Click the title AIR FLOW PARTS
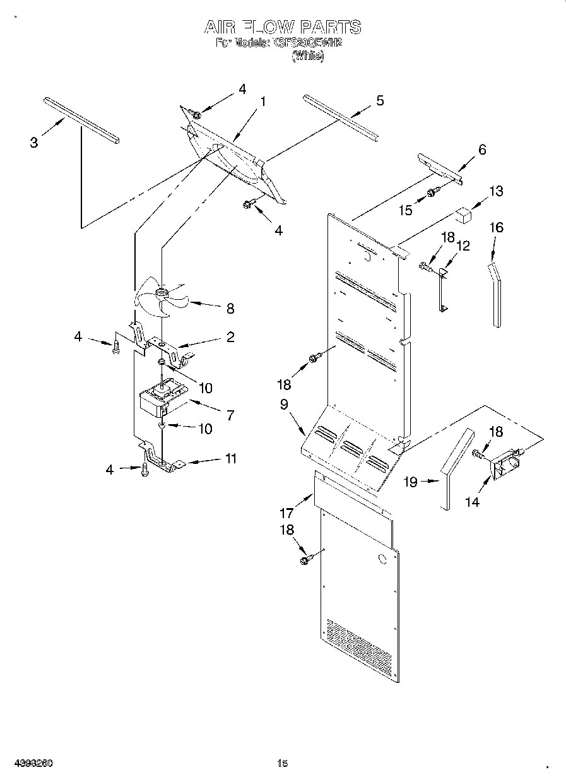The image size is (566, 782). pyautogui.click(x=282, y=27)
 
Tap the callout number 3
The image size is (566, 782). pyautogui.click(x=34, y=143)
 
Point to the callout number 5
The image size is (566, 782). pyautogui.click(x=379, y=100)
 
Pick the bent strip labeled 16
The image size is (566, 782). pyautogui.click(x=496, y=293)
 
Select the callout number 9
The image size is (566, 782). pyautogui.click(x=285, y=404)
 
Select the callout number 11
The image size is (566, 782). pyautogui.click(x=231, y=459)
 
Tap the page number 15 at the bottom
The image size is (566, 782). pyautogui.click(x=282, y=764)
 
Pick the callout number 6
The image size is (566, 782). pyautogui.click(x=482, y=150)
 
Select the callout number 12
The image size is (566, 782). pyautogui.click(x=463, y=246)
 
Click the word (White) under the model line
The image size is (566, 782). pyautogui.click(x=307, y=56)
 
